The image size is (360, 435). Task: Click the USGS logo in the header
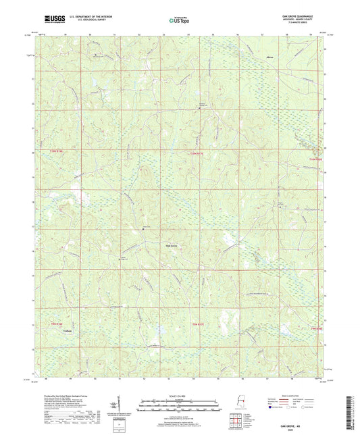pos(49,20)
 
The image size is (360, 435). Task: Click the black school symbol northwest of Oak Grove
pos(143,230)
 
